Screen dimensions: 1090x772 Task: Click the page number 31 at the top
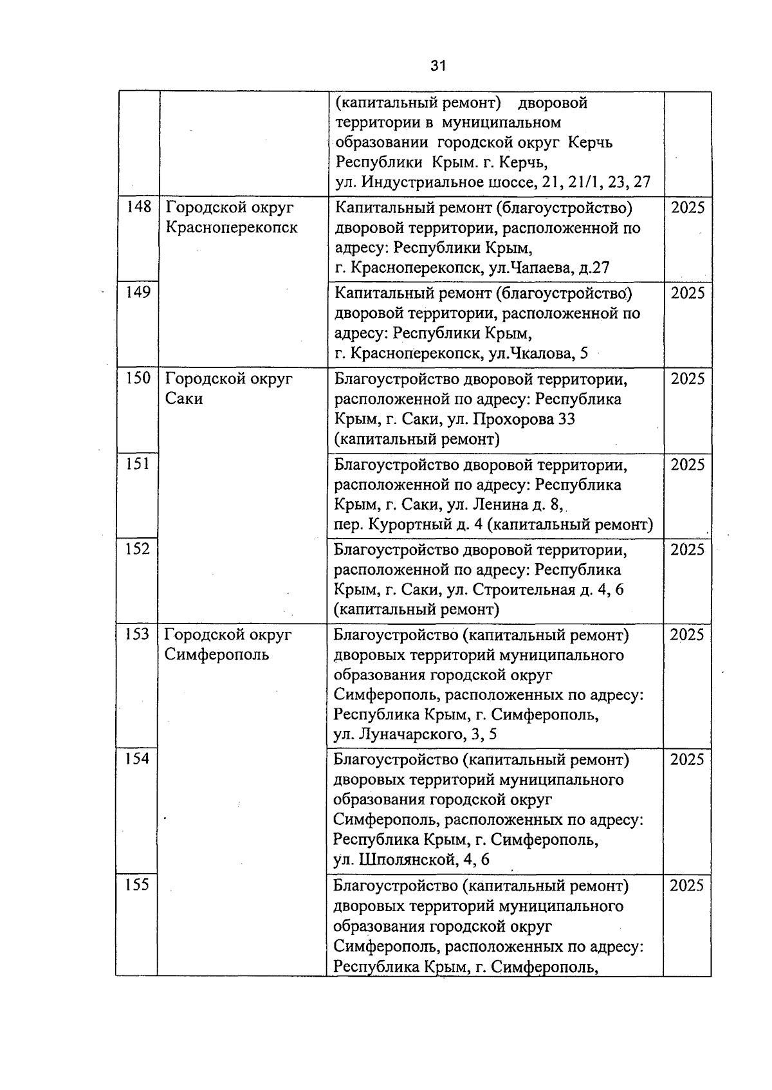(438, 65)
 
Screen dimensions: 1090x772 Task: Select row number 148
(138, 207)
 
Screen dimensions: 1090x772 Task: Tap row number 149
(138, 292)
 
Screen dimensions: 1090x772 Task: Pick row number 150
(138, 378)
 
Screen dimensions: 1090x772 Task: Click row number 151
(138, 463)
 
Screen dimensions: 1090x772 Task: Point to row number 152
(138, 549)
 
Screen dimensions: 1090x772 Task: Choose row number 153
(137, 634)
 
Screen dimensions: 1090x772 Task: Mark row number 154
(137, 759)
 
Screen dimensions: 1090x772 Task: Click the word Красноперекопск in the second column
(232, 227)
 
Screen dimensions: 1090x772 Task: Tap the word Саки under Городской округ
(184, 398)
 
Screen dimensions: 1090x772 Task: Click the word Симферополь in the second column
(217, 654)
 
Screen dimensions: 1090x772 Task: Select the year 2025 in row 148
(688, 207)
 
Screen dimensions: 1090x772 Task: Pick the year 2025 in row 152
(688, 550)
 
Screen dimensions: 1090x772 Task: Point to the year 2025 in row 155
(687, 885)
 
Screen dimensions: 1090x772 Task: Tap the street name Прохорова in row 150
(514, 420)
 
